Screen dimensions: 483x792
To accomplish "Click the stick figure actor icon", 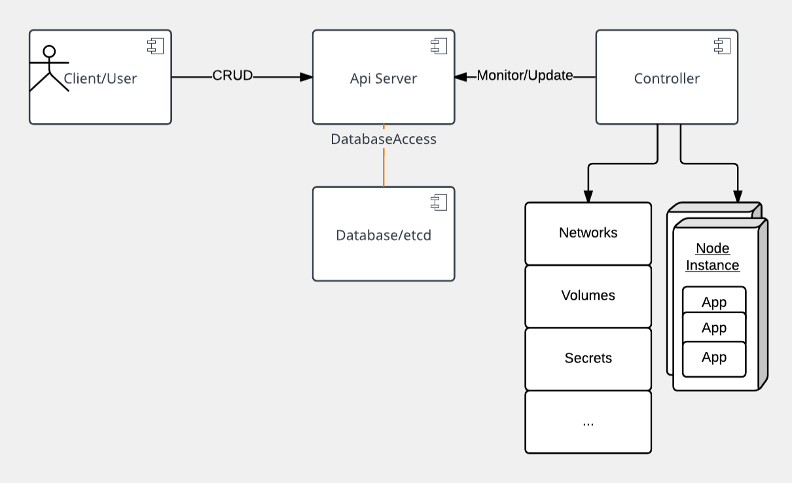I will coord(48,69).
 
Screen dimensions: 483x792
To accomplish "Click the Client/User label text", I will coord(100,79).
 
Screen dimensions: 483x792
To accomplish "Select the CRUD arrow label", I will coord(232,75).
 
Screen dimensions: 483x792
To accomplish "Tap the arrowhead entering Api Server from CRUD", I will coord(306,77).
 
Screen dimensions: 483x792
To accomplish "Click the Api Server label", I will coord(384,79).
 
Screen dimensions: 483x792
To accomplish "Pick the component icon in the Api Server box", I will coord(438,46).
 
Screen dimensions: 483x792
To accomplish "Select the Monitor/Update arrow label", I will coord(525,75).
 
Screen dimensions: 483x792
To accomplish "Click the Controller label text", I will coord(667,79).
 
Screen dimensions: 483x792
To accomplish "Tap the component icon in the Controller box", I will coord(721,46).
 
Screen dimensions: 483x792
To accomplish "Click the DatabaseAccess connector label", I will coord(384,139).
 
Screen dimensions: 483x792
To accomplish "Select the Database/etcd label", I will coord(384,236).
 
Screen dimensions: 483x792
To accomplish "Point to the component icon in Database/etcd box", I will coord(438,203).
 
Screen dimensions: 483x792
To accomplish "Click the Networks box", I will coord(588,233).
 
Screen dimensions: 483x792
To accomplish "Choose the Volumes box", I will coord(588,296).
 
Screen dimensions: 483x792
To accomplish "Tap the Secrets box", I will coord(588,359).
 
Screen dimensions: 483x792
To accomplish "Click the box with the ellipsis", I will coord(588,422).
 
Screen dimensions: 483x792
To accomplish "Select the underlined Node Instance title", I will coord(713,257).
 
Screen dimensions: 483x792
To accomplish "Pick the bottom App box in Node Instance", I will coord(714,359).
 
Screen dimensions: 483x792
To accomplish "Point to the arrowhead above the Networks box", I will coord(588,196).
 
